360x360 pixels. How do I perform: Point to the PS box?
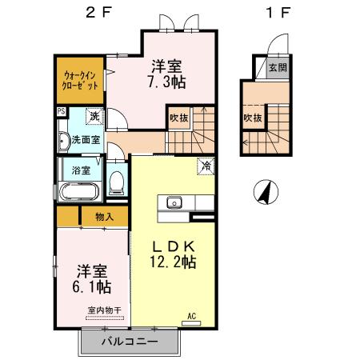[x=61, y=113]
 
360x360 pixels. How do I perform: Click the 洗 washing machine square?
[x=94, y=117]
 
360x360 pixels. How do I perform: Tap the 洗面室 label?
[x=86, y=139]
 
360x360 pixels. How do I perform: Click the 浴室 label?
[x=80, y=170]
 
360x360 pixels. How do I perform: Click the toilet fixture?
[x=117, y=182]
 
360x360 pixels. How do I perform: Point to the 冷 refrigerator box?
[x=206, y=167]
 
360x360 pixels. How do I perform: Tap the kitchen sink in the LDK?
[x=174, y=202]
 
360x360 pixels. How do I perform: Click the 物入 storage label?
[x=105, y=216]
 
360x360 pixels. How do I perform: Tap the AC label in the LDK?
[x=192, y=316]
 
